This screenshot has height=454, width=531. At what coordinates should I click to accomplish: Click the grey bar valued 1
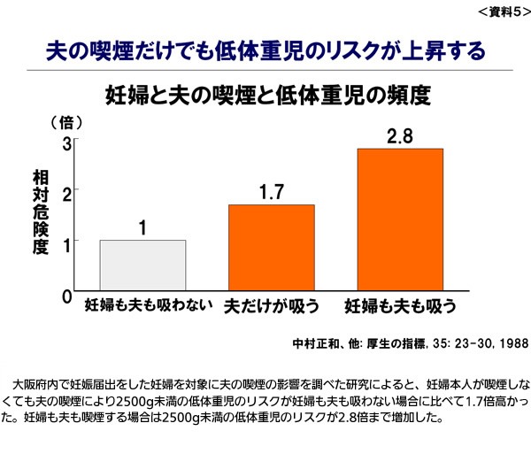142,265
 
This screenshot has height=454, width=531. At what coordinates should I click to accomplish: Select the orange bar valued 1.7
272,247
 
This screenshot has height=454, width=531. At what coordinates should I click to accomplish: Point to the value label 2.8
400,137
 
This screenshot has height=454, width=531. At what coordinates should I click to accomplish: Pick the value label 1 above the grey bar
142,228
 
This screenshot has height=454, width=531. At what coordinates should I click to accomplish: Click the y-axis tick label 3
66,142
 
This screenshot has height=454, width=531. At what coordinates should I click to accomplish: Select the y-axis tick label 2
66,191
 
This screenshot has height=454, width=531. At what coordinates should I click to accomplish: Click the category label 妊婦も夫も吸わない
149,306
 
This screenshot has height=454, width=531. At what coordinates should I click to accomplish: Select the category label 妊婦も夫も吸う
400,306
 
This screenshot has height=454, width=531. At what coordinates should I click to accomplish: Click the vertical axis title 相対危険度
40,210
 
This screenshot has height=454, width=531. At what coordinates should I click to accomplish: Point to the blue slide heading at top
265,49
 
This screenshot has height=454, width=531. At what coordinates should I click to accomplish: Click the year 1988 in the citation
514,342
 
